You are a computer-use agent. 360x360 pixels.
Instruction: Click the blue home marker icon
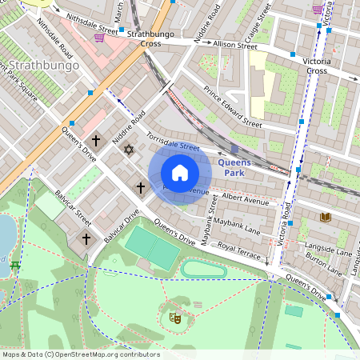tap(180, 172)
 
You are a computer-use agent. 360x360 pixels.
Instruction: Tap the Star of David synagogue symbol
tap(126, 149)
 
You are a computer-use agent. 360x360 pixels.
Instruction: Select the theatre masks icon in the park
tap(175, 318)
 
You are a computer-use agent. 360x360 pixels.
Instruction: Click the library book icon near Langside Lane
tap(324, 217)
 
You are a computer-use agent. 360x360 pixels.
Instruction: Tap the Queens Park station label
tap(234, 167)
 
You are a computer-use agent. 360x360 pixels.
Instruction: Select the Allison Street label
tap(214, 46)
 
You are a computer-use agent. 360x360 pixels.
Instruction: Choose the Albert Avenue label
tap(246, 196)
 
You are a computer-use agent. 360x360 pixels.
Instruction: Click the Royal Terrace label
tap(239, 251)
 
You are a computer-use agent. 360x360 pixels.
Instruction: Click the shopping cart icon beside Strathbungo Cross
tap(99, 37)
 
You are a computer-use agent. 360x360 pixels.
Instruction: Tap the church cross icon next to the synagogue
tap(96, 141)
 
